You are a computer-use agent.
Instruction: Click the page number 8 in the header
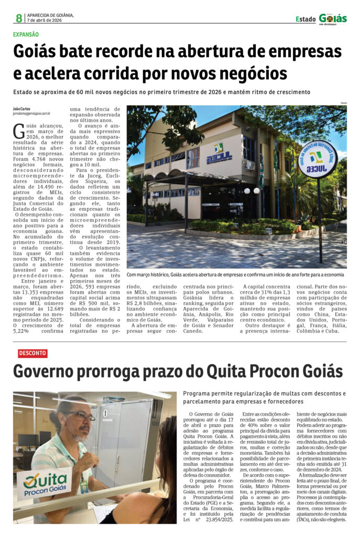tap(18, 18)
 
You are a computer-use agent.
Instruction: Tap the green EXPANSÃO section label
tap(26, 35)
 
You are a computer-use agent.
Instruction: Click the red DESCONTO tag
tap(32, 353)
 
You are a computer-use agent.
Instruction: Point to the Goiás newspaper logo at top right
tap(333, 19)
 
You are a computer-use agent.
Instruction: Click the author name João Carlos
tap(22, 109)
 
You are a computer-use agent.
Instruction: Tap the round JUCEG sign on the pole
tap(318, 159)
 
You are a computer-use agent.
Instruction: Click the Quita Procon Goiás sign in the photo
tap(44, 483)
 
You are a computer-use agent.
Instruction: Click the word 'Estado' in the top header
tap(306, 19)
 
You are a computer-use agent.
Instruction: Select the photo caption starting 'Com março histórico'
tap(235, 274)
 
